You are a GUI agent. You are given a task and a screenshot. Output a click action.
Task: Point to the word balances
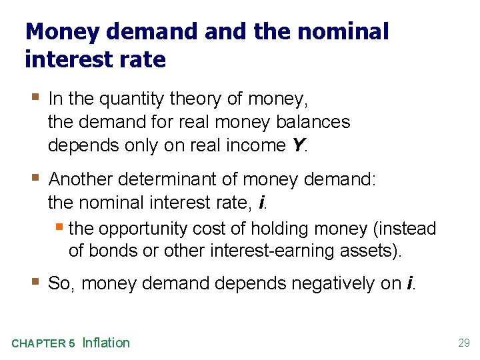[x=310, y=122]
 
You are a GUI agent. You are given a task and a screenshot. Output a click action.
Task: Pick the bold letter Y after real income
[x=297, y=145]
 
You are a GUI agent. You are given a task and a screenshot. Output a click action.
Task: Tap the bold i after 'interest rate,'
[x=261, y=202]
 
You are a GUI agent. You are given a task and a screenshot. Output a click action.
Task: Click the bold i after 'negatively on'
[x=408, y=283]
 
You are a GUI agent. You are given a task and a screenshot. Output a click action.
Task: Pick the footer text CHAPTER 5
[x=43, y=344]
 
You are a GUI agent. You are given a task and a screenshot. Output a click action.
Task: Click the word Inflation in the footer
[x=106, y=343]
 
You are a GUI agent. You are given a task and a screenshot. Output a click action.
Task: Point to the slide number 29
[x=464, y=343]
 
